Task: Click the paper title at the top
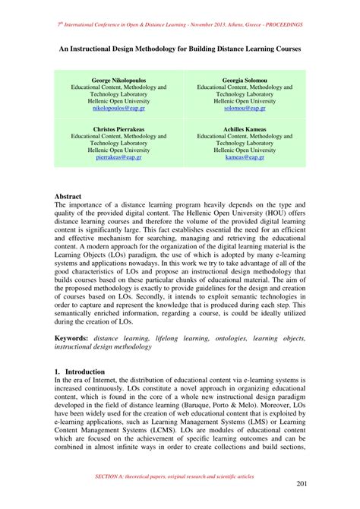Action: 180,47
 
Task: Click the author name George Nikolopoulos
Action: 119,79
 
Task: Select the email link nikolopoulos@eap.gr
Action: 119,108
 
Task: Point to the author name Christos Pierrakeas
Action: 119,130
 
